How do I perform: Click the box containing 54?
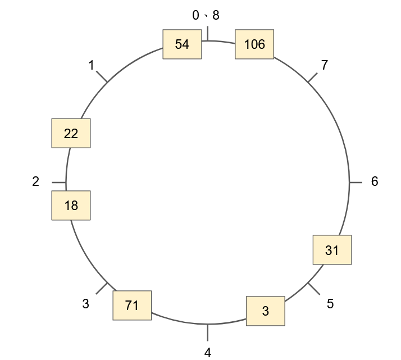point(182,44)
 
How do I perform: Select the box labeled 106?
point(254,44)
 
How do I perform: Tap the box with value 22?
point(71,133)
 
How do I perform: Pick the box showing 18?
point(71,206)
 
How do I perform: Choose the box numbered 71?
point(132,306)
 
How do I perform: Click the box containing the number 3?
point(266,311)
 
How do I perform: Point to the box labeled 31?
point(332,250)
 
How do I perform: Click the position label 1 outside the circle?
point(91,66)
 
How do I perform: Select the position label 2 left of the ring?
point(36,181)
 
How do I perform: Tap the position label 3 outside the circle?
point(85,304)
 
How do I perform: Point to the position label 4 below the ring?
point(208,353)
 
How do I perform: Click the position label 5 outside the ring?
point(330,304)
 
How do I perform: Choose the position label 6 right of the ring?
point(375,181)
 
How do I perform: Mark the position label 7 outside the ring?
point(324,65)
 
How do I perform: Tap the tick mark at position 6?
point(356,183)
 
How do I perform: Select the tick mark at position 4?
point(208,332)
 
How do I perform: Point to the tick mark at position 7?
point(313,78)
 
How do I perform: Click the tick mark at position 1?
point(102,77)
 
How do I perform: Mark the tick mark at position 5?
point(313,288)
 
